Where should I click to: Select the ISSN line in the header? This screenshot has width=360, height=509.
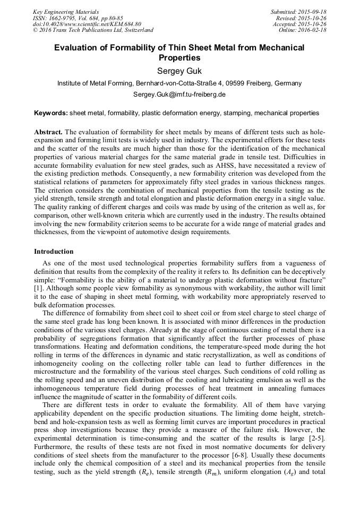click(x=78, y=18)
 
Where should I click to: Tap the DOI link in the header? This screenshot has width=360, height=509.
click(x=87, y=24)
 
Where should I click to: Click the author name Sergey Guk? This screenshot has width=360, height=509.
click(x=179, y=70)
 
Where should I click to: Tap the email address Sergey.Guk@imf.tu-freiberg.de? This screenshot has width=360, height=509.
click(x=179, y=94)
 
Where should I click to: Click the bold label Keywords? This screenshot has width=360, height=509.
click(x=51, y=113)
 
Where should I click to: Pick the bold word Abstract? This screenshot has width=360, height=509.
click(x=48, y=131)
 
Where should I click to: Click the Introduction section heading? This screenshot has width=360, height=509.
click(x=54, y=251)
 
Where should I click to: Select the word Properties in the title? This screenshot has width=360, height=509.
click(x=179, y=57)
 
